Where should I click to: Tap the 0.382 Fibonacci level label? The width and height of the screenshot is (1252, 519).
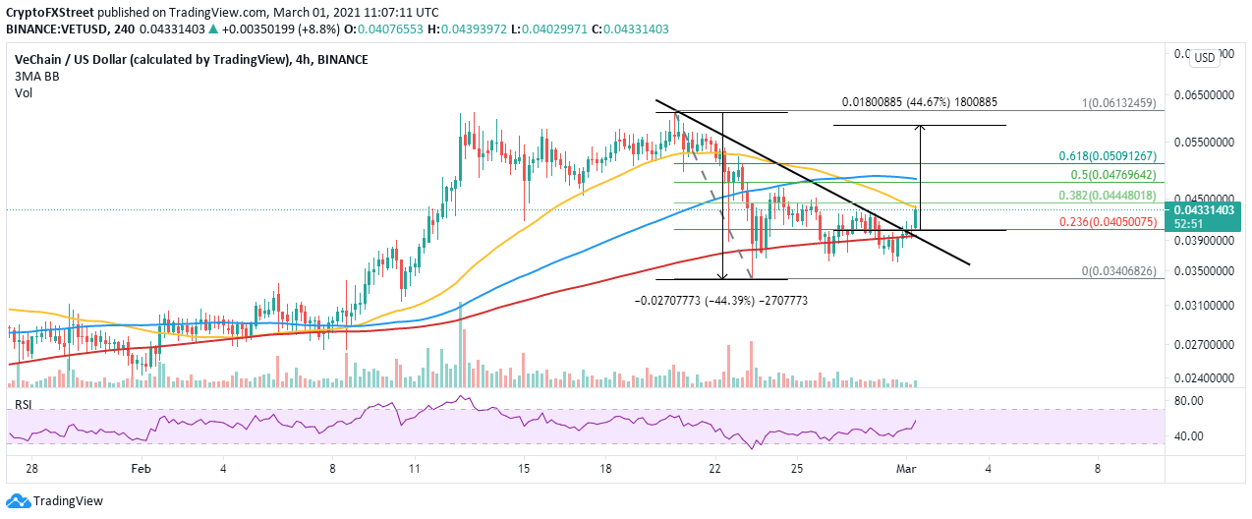(1105, 194)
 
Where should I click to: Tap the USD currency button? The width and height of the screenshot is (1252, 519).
(1206, 58)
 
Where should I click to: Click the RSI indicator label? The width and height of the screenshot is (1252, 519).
(23, 405)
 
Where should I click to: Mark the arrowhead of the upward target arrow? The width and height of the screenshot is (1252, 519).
(920, 129)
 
